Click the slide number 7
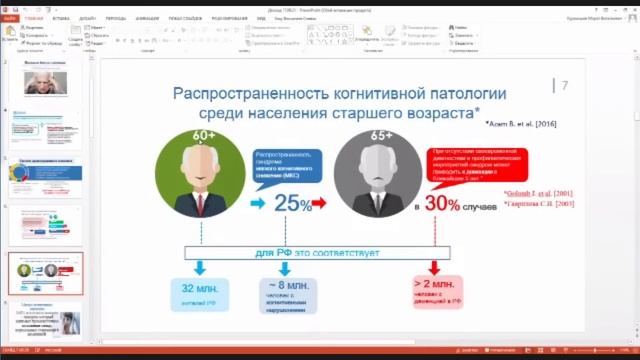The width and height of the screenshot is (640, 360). click(x=565, y=86)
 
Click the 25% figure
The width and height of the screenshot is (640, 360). click(x=293, y=203)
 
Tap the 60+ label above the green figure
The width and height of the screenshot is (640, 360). click(x=205, y=136)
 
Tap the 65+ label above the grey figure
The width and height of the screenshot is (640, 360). click(x=381, y=136)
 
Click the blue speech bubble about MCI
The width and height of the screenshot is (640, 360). click(x=287, y=166)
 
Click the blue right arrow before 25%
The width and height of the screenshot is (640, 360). click(x=257, y=204)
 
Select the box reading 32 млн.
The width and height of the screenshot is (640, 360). click(x=200, y=293)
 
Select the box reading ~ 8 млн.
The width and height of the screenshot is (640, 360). click(x=287, y=295)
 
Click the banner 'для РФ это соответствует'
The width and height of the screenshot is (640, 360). click(x=317, y=253)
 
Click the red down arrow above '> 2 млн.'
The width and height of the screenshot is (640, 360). click(x=434, y=267)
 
